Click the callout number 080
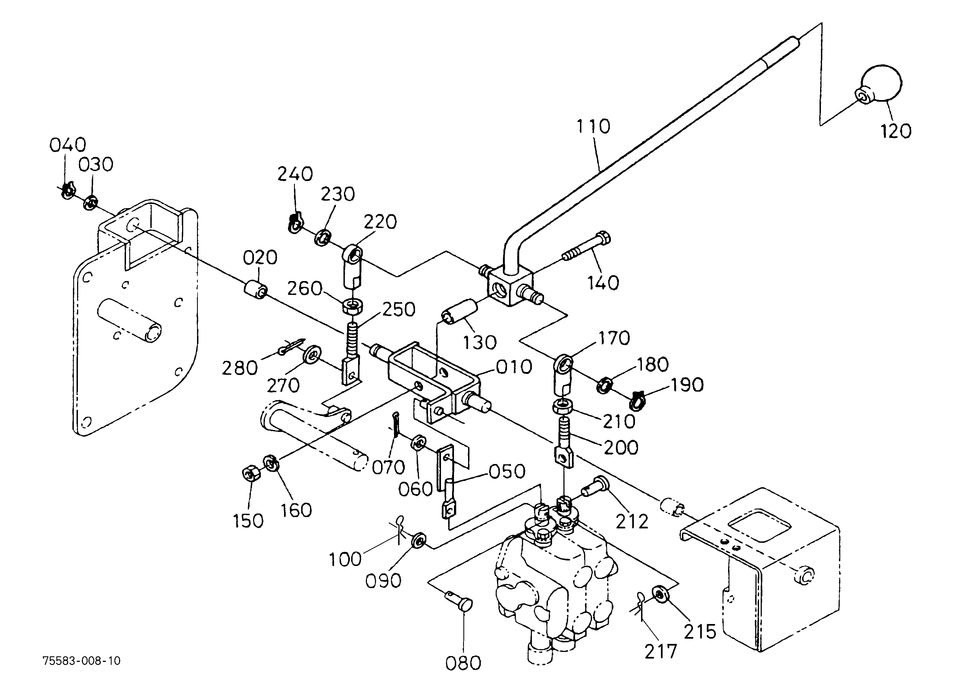coord(463,663)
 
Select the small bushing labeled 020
coord(255,290)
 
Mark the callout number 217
coord(661,652)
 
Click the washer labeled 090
coord(419,540)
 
